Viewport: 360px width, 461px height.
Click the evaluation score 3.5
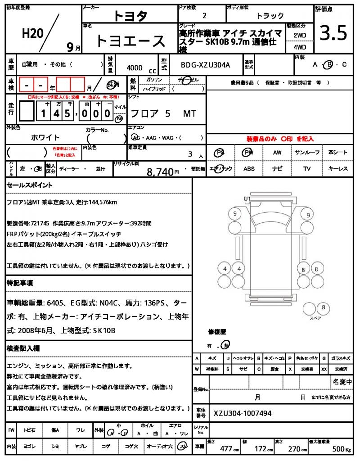(333, 33)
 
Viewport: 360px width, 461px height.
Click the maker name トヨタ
(130, 16)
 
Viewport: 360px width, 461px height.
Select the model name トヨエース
(130, 41)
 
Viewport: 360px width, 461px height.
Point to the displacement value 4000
(135, 68)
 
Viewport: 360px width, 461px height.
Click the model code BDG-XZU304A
(205, 65)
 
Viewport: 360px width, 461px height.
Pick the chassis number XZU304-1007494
(243, 413)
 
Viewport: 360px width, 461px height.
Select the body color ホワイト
(45, 137)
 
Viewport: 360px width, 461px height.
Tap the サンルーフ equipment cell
(307, 153)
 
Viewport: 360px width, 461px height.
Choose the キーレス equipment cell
(338, 169)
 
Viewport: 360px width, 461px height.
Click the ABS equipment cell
(249, 169)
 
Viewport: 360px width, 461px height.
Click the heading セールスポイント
(29, 185)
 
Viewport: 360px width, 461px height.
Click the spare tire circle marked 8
(323, 308)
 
